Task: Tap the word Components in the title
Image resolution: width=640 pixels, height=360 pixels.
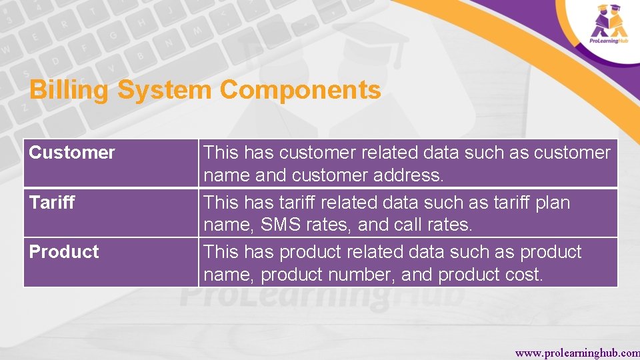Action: (x=300, y=90)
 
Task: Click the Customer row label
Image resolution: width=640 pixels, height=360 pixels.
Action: (x=72, y=153)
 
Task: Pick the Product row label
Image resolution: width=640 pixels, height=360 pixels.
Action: (x=64, y=251)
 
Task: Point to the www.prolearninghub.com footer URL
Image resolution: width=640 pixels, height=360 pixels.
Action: (x=577, y=353)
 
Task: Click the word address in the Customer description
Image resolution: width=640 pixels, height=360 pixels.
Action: (x=409, y=175)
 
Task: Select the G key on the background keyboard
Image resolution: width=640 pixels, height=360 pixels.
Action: (x=114, y=35)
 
